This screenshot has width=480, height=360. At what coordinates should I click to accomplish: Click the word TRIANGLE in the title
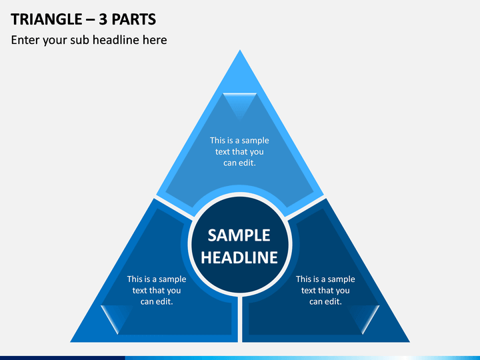point(47,19)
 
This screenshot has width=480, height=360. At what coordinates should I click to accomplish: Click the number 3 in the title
point(103,19)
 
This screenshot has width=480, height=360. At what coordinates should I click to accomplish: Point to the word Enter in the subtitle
point(25,40)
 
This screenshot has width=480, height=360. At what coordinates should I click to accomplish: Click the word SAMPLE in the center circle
point(239,235)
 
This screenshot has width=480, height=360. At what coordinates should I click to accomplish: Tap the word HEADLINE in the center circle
point(239,257)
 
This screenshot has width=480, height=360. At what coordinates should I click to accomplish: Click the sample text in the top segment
point(239,151)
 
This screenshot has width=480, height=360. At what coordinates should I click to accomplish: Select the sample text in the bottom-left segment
point(157,290)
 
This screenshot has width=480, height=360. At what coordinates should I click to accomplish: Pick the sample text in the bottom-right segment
point(325,290)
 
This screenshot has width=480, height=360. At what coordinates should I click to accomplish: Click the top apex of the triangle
point(240,50)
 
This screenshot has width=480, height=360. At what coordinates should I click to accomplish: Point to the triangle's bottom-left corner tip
point(71,341)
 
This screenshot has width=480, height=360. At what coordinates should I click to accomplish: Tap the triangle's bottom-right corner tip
point(409,341)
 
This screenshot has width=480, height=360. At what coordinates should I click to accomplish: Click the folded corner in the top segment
point(240,104)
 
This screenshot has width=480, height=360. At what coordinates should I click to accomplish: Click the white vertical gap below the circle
point(240,319)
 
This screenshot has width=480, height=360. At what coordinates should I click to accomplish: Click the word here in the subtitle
point(155,40)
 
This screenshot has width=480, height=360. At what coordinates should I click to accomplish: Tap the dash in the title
point(91,20)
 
